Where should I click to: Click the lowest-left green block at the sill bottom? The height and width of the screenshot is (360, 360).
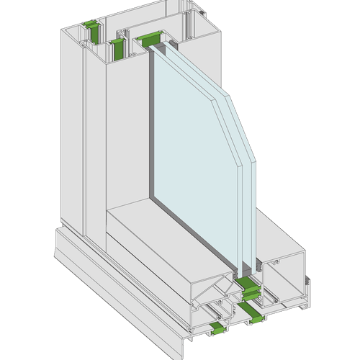(217, 329)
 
